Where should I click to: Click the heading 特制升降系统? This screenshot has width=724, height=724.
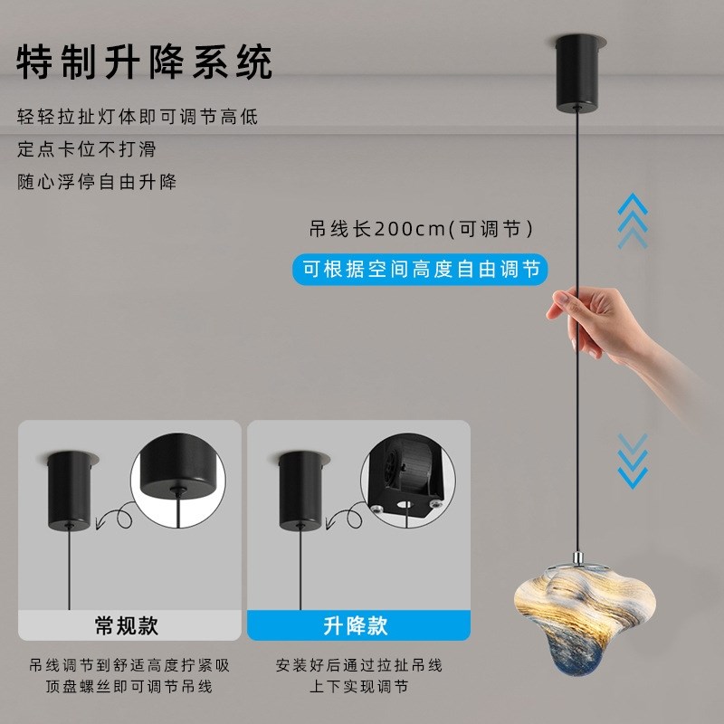[x=145, y=62]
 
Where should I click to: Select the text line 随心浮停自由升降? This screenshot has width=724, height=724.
[x=97, y=181]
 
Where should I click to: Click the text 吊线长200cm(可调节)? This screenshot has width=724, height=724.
[x=422, y=229]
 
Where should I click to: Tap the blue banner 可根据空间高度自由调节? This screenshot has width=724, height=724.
[x=421, y=269]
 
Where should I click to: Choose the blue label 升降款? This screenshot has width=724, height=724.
[x=355, y=625]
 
